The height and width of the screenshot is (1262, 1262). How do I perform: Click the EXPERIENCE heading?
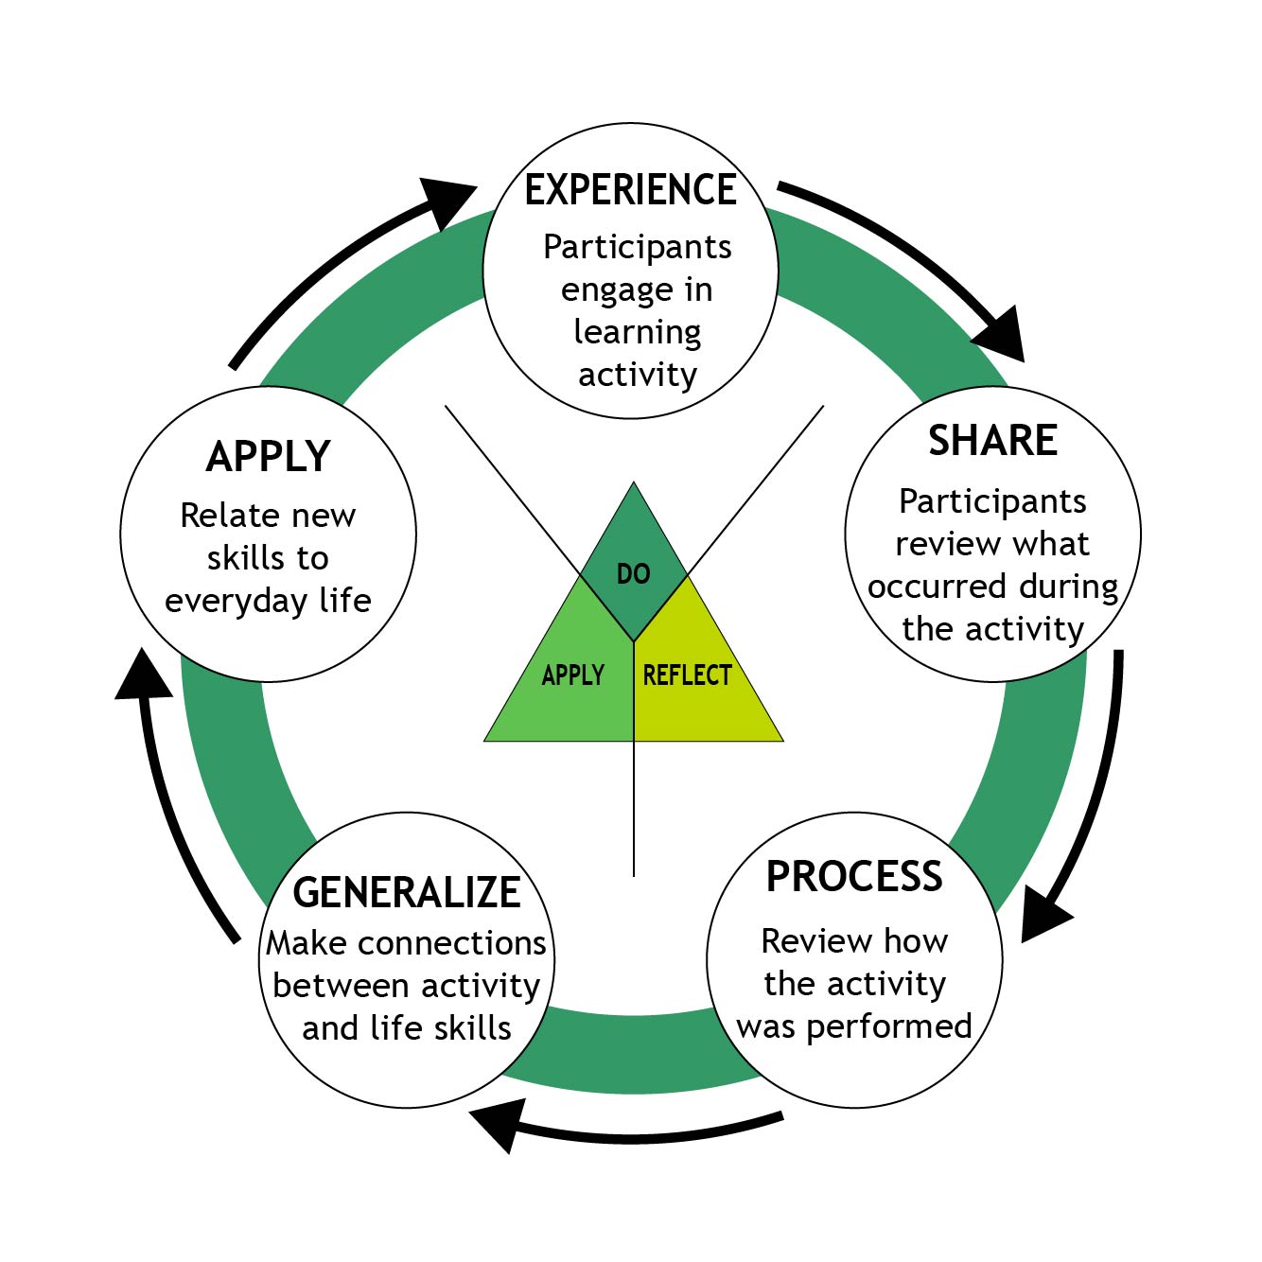tap(630, 190)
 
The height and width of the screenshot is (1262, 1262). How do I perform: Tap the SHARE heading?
tap(992, 441)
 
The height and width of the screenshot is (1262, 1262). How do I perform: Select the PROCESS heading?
tap(854, 877)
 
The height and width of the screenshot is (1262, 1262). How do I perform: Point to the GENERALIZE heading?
tap(407, 892)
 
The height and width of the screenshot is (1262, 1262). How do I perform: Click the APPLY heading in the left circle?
tap(269, 457)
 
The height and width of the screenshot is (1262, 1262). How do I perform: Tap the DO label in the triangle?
tap(633, 574)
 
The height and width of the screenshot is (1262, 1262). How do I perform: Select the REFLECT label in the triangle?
tap(688, 675)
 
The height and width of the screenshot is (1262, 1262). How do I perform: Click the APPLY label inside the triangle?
tap(572, 675)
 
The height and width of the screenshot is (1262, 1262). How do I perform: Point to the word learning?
tap(638, 333)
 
